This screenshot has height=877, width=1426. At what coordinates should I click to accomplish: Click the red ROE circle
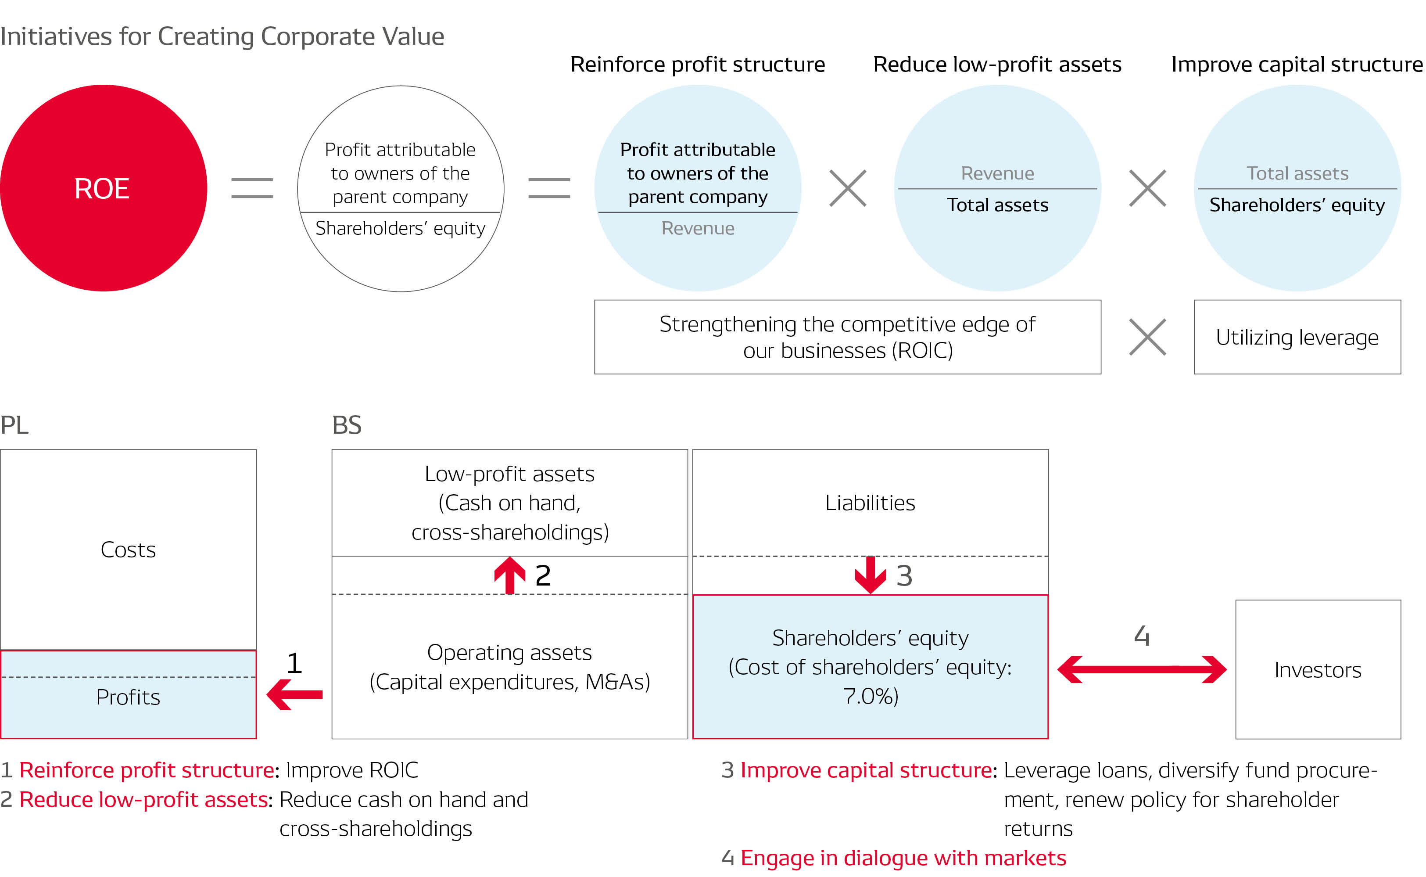point(103,188)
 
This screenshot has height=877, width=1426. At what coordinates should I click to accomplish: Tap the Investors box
point(1318,669)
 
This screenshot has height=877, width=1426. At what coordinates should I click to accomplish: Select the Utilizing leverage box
point(1297,337)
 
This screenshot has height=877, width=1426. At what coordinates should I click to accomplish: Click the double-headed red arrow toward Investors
point(1141,669)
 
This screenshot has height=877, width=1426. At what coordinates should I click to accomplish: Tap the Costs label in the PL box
point(128,549)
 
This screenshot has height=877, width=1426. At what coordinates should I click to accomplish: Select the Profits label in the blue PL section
point(128,697)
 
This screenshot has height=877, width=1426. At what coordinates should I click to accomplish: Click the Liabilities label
point(870,502)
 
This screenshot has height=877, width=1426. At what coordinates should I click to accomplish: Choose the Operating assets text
point(509,652)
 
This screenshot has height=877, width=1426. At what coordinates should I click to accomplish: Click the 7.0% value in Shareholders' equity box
point(870,695)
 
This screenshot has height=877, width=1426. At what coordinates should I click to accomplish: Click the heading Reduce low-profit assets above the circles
point(997,65)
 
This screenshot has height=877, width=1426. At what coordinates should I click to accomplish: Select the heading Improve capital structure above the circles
point(1297,65)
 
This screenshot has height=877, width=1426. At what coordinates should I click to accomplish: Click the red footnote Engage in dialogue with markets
point(903,857)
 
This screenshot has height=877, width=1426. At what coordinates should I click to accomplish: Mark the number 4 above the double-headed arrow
point(1141,636)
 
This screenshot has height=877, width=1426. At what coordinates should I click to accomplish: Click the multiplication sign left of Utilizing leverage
point(1147,337)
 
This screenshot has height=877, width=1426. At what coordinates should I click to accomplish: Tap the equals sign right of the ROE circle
point(252,188)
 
